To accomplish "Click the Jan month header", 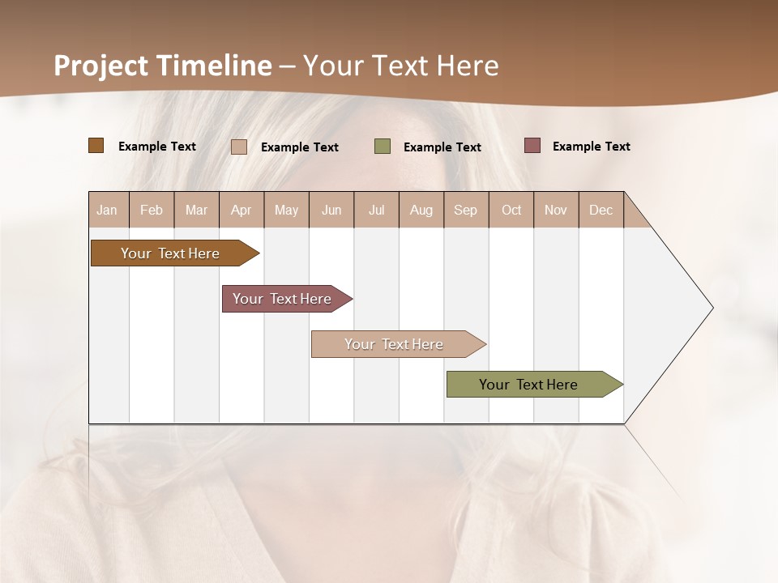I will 108,210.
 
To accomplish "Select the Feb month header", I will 152,210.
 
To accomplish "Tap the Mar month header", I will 196,210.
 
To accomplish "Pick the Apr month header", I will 242,210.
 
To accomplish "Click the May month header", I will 286,210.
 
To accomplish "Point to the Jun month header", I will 331,210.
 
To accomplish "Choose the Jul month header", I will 376,210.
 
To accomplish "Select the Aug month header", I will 421,210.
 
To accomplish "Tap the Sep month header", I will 466,210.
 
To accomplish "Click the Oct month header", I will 511,210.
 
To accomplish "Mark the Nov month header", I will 556,210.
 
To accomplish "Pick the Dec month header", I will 601,210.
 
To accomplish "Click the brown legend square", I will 96,146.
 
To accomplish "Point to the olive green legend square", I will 383,147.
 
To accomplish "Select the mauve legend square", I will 532,146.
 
